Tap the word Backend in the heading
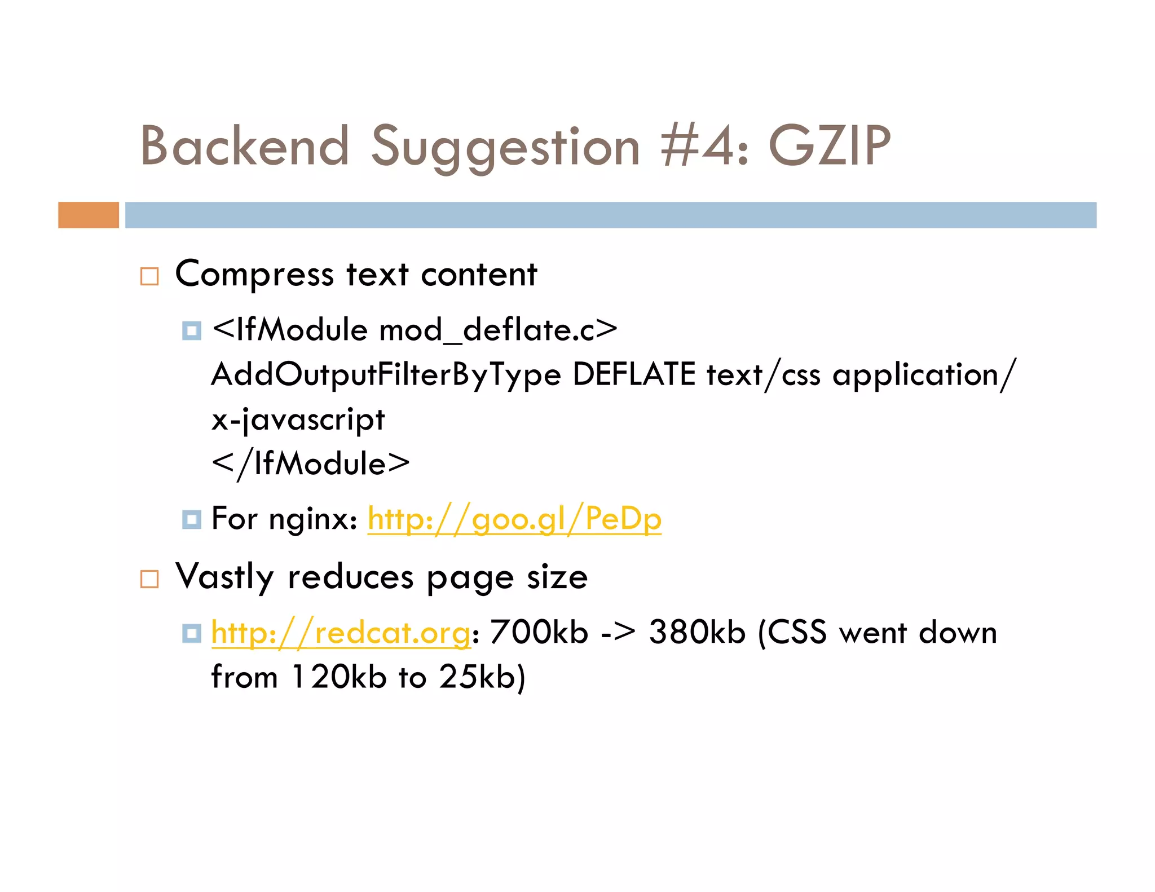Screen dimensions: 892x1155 pyautogui.click(x=245, y=146)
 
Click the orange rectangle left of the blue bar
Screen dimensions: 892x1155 pyautogui.click(x=89, y=215)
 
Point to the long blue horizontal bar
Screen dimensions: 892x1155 pyautogui.click(x=610, y=215)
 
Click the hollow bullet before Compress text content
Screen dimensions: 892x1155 pyautogui.click(x=149, y=276)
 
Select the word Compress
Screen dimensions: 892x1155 pyautogui.click(x=254, y=275)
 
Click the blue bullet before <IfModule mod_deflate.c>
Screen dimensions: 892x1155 pyautogui.click(x=192, y=330)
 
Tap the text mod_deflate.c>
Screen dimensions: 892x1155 pyautogui.click(x=499, y=330)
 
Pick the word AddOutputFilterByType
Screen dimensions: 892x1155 pyautogui.click(x=386, y=375)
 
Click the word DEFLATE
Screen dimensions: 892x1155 pyautogui.click(x=634, y=374)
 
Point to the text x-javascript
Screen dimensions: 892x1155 pyautogui.click(x=298, y=420)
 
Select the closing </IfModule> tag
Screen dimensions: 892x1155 pyautogui.click(x=311, y=464)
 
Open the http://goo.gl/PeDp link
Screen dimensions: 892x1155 pyautogui.click(x=514, y=519)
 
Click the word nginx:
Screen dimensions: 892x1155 pyautogui.click(x=313, y=519)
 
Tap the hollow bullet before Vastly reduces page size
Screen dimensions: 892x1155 pyautogui.click(x=149, y=579)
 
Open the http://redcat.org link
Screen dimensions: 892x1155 pyautogui.click(x=341, y=633)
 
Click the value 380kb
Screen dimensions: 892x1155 pyautogui.click(x=697, y=632)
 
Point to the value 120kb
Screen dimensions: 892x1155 pyautogui.click(x=338, y=677)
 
